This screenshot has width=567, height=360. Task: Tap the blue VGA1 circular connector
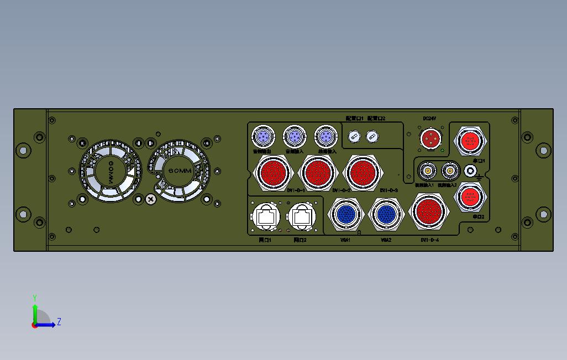point(346,214)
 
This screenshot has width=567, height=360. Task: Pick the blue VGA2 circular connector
point(386,214)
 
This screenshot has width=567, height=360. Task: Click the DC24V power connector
point(430,138)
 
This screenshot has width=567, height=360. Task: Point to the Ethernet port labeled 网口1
point(266,217)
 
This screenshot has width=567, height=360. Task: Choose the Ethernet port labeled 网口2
point(301,217)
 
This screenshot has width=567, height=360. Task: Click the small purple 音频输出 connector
point(263,135)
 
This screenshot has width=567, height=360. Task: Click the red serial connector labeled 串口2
point(470,197)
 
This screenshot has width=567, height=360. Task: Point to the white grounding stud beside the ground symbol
point(471,171)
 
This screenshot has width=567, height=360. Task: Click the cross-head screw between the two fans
point(150,199)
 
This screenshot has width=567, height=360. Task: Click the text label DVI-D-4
point(429,240)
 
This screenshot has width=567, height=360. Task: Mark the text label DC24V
point(429,118)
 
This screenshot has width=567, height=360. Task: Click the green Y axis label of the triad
point(35,298)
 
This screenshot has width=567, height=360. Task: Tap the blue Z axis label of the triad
point(59,322)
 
